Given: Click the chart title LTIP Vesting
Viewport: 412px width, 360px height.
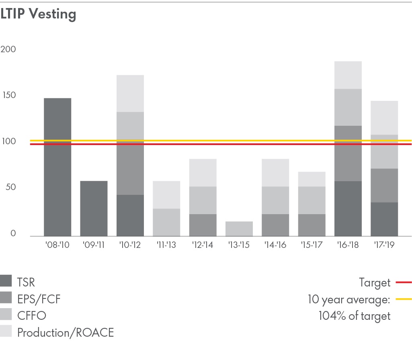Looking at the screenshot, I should (38, 14).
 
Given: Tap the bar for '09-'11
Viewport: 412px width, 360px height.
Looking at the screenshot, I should (94, 209).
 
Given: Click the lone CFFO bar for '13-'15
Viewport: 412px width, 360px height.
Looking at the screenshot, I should (239, 229).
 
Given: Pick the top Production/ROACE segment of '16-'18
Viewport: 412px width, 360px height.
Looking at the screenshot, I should (348, 75).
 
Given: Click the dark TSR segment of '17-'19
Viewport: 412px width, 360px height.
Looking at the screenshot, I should (384, 219).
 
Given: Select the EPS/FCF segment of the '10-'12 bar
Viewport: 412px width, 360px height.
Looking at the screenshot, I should (130, 168).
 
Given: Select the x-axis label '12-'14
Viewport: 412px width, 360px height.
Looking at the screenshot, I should (203, 245).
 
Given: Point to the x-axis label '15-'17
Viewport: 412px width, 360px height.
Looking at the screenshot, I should (312, 245).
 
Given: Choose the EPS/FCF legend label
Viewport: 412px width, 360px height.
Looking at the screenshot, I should (39, 299).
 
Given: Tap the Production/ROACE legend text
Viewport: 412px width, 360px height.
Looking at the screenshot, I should (66, 332).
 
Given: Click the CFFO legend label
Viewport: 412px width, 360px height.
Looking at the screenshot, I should (31, 315).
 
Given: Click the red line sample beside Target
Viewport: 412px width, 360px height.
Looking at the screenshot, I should (404, 283).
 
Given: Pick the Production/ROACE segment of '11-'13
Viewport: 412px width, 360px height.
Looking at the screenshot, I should (166, 195).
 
